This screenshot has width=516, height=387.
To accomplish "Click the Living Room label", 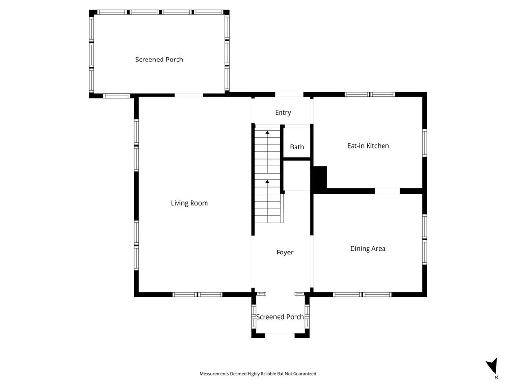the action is (x=189, y=203).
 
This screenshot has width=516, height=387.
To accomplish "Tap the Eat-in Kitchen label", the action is (x=368, y=146).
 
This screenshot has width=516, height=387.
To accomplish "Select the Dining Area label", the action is (x=368, y=249).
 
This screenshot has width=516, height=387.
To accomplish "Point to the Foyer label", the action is (x=285, y=253).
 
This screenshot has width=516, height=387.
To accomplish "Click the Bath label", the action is (x=297, y=147).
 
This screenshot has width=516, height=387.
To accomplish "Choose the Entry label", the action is (x=283, y=113).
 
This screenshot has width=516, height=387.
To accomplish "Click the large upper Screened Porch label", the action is (x=159, y=60).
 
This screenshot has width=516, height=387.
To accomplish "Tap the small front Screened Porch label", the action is (x=280, y=317).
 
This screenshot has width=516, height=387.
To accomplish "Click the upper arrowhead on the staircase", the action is (x=267, y=132).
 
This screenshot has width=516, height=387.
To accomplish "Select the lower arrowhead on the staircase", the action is (x=267, y=181).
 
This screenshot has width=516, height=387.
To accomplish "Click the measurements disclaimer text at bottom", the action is (x=258, y=374).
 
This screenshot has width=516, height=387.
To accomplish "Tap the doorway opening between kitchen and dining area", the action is (x=387, y=191).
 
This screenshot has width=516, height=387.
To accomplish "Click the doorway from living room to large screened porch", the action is (x=189, y=95).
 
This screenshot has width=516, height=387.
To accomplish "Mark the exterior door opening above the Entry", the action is (x=289, y=95).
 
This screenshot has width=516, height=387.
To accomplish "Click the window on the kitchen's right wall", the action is (x=425, y=143).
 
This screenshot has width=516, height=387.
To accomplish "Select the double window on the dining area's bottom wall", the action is (x=362, y=294).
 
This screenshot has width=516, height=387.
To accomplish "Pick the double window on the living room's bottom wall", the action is (x=197, y=294).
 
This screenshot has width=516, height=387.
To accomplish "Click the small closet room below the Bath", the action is (x=297, y=175).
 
